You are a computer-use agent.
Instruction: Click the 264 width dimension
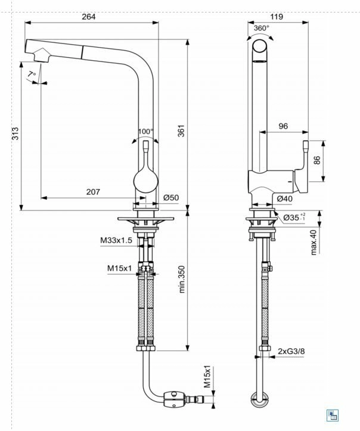point(89,17)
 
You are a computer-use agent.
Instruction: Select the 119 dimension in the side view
point(277,17)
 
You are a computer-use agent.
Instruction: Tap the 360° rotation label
point(261,28)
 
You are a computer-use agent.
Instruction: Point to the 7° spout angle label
point(32,74)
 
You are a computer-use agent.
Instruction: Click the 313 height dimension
point(15,134)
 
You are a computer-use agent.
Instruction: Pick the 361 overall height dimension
point(181,131)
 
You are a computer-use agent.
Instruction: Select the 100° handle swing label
point(145,132)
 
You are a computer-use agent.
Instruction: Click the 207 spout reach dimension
point(93,192)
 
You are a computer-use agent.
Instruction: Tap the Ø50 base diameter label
point(171,198)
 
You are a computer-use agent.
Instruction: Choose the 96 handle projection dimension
point(283,126)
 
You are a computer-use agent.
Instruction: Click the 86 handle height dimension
point(317,160)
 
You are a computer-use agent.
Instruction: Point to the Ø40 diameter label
point(285,199)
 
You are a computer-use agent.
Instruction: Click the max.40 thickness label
point(314,243)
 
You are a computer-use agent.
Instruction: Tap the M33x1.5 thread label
point(116,240)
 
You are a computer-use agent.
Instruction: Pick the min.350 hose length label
point(182,279)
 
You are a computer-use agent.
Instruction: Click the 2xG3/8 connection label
point(291,351)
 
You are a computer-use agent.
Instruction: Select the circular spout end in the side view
point(260,46)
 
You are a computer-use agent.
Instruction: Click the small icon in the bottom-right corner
point(333,415)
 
